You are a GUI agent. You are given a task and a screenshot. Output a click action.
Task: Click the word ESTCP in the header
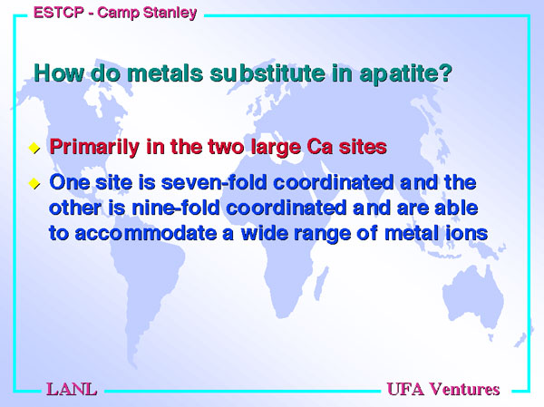point(59,13)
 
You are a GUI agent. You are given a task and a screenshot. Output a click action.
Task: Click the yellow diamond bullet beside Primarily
point(34,148)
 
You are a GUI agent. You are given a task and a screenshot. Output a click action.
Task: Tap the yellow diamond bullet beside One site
point(34,183)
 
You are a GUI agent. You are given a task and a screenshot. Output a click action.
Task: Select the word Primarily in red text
point(94,147)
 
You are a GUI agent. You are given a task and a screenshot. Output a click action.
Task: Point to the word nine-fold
point(176,208)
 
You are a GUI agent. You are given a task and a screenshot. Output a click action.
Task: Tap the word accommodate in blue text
point(146,233)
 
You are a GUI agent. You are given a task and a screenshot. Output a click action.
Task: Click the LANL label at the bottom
point(72,389)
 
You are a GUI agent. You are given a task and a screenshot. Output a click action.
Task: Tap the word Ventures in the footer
point(464,389)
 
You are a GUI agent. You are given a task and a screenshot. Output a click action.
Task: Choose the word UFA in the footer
point(405,389)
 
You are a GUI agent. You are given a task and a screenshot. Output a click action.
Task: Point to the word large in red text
point(276,148)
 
